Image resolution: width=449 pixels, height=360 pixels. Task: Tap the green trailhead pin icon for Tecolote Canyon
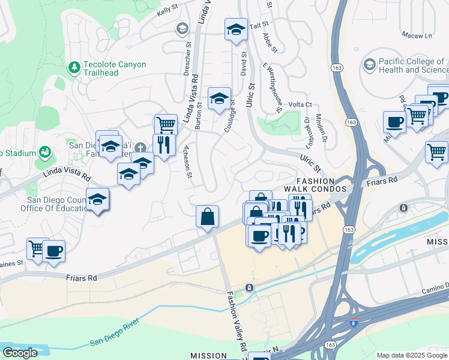[74, 68]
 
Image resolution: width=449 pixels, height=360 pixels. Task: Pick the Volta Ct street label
[300, 104]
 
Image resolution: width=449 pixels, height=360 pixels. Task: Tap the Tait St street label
[258, 26]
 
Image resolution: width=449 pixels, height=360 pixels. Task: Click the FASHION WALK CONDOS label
[315, 185]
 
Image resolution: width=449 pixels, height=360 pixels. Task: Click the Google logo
[20, 353]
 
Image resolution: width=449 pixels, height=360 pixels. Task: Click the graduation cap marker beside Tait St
[236, 29]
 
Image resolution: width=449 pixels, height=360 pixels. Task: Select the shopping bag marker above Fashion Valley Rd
[207, 216]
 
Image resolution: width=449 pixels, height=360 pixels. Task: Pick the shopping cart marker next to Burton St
[166, 125]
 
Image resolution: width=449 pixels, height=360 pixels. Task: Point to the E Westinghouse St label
[273, 88]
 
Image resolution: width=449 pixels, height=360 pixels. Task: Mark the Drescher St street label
[187, 58]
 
